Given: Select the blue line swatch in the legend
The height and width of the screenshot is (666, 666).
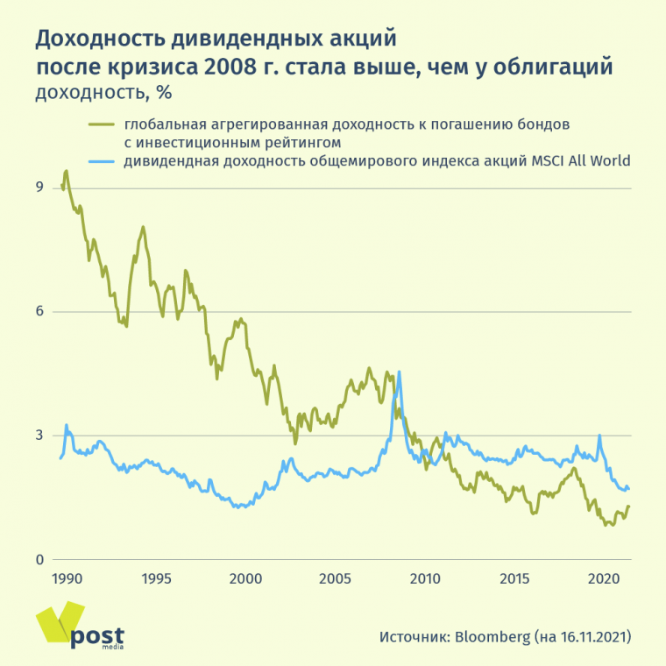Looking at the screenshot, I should coord(103,161).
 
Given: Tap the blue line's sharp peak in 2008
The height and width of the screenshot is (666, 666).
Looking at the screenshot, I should coord(400,372).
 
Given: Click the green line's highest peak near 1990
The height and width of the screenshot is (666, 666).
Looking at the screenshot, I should coord(66,171).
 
